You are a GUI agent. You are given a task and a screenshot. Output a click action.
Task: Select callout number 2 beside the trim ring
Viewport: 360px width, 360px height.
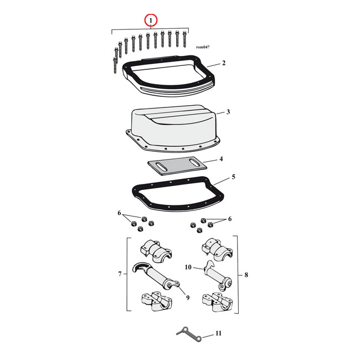[x=224, y=63]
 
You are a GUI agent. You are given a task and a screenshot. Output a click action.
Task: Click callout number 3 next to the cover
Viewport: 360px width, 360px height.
[x=228, y=112]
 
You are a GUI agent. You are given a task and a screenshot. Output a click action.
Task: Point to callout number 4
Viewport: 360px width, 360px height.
[x=221, y=159]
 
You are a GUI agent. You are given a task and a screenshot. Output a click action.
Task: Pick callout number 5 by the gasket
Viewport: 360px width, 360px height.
[x=233, y=177]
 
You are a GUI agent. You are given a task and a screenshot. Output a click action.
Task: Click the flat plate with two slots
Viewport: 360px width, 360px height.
[x=177, y=165]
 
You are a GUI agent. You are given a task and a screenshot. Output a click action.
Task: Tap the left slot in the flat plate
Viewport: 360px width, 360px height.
[x=161, y=166]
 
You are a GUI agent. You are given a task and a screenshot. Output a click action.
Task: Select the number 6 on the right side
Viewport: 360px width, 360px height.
[x=229, y=219]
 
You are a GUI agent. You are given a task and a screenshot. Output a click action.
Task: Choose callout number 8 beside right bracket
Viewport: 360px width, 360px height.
[x=246, y=274]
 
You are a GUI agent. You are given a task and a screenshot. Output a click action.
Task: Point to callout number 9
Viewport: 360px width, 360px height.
[x=188, y=298]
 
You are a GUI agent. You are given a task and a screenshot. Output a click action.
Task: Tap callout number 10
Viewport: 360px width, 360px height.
[x=187, y=268]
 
